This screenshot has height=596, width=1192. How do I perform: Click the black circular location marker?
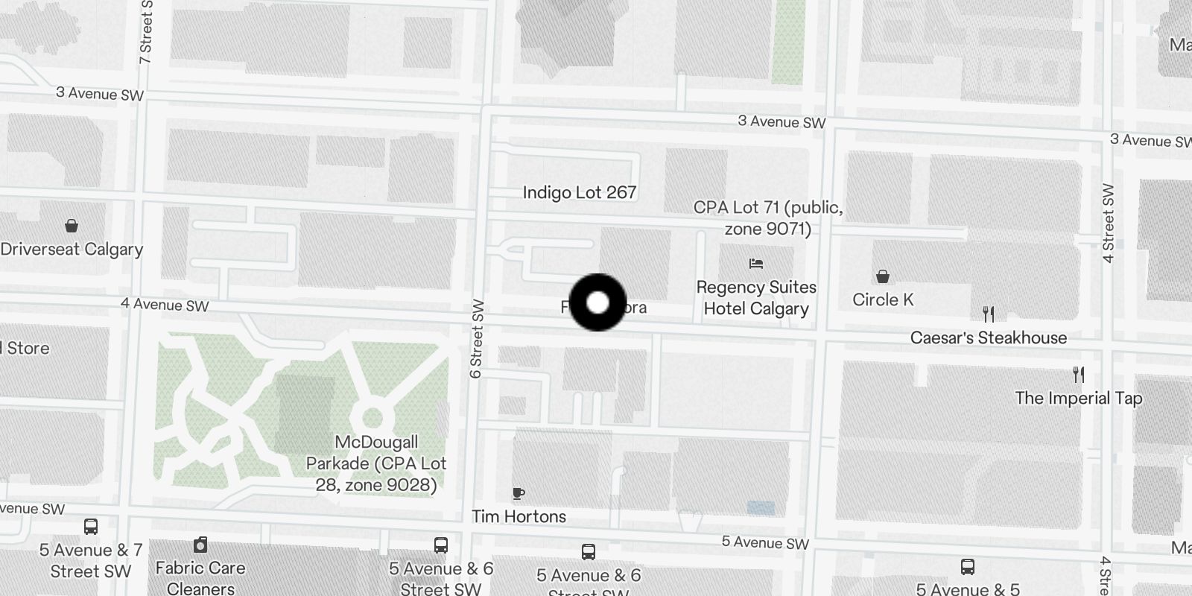coord(597,302)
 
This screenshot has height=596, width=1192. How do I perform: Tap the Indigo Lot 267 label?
coord(579,192)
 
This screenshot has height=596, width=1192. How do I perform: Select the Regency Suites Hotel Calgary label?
coord(756,298)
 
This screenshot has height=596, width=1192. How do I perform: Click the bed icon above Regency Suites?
coord(756,263)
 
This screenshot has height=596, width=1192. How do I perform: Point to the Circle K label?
coord(883,299)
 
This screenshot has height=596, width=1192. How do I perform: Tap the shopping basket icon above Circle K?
coord(883,276)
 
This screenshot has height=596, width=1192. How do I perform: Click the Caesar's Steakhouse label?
coord(989,337)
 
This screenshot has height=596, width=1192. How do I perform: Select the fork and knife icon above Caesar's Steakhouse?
coord(989,314)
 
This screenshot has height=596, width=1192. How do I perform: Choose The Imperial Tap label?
coord(1078,398)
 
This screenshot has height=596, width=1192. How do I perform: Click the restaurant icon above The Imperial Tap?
coord(1078,374)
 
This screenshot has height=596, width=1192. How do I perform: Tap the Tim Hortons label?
coord(519,516)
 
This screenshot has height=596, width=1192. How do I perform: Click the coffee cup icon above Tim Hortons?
coord(519,493)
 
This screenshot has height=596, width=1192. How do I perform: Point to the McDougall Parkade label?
coord(375,463)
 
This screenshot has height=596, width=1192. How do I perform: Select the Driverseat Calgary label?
coord(72,249)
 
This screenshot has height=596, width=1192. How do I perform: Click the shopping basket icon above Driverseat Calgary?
coord(72,225)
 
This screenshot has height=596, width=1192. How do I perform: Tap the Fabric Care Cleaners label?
coord(200,578)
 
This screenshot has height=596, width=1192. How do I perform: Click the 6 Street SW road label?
coord(477,338)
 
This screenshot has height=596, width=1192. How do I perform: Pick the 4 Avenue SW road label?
coord(165,305)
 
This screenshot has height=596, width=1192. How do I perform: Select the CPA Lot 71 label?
coord(768,218)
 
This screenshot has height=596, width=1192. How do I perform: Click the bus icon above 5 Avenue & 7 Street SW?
coord(91,527)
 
